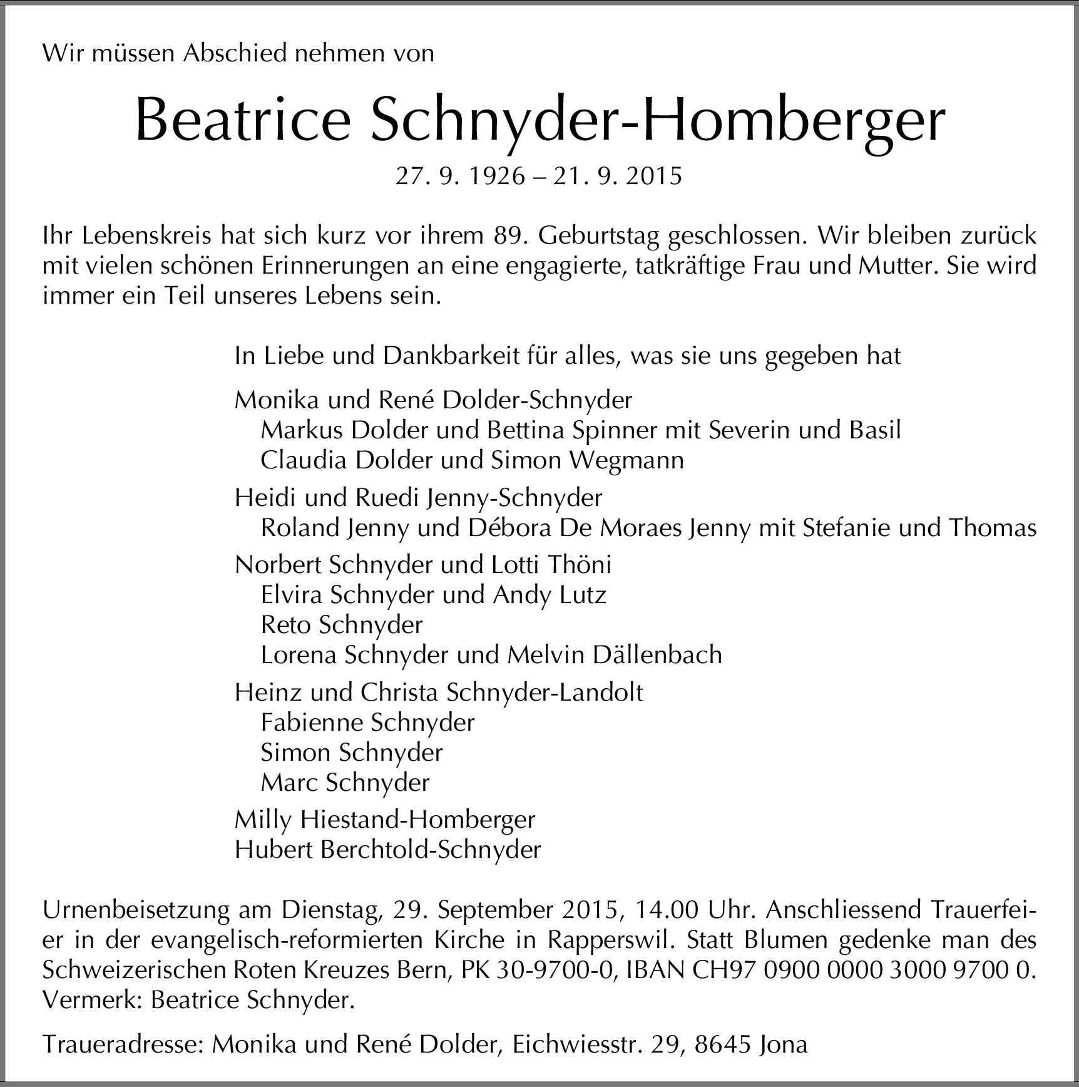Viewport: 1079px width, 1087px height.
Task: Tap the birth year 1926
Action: pos(497,177)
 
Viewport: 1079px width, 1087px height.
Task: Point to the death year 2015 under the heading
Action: pos(655,177)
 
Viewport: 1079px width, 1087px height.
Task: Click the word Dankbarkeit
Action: pos(451,356)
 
